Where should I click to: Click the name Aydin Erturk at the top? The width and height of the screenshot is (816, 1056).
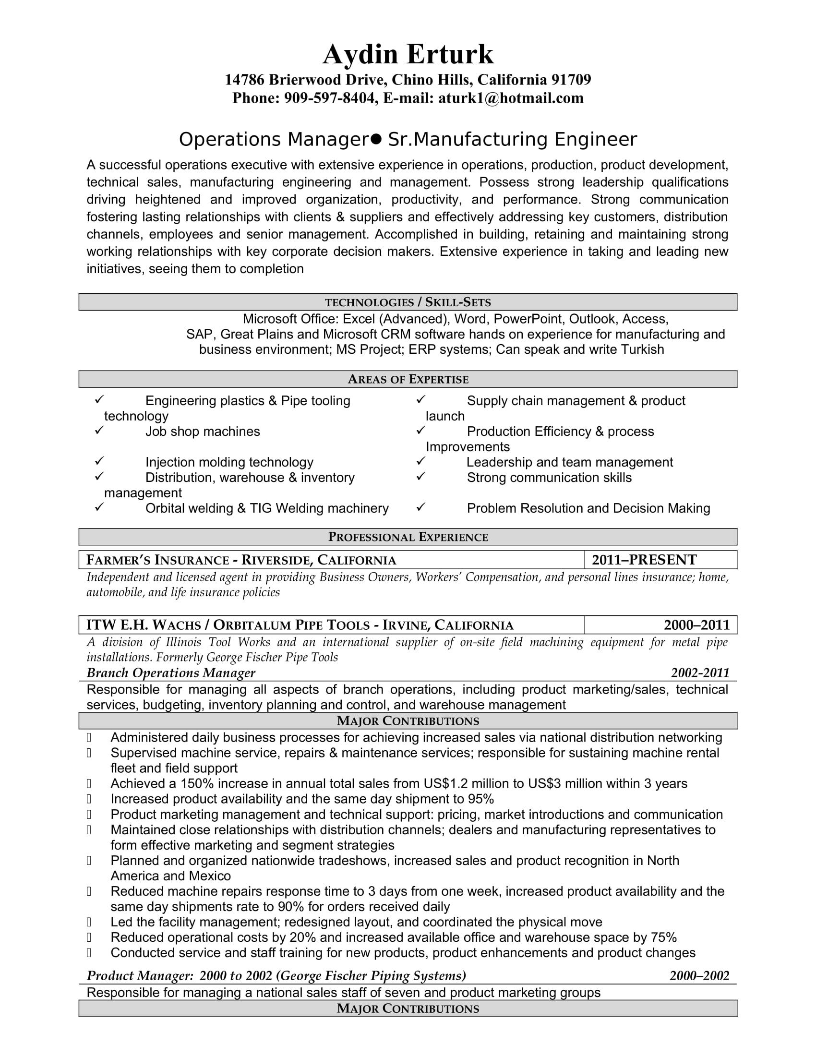[408, 54]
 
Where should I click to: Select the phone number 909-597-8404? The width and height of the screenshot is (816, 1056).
[329, 98]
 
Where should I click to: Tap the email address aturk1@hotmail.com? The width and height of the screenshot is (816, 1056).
[511, 98]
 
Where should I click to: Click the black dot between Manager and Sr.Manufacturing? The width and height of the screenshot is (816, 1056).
[377, 139]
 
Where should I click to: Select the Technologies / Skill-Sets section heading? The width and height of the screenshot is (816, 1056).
[408, 302]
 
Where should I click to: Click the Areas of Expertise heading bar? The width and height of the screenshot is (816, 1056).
[408, 379]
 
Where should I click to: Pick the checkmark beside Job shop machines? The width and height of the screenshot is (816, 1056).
[99, 430]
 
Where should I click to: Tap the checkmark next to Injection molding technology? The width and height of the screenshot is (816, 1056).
[99, 461]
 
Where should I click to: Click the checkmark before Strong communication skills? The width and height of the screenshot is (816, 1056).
[420, 476]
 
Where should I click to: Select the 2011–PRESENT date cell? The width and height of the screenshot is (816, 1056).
[644, 560]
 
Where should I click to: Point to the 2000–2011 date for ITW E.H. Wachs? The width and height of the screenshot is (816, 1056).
[696, 625]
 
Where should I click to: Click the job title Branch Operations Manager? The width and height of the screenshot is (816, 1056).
[171, 673]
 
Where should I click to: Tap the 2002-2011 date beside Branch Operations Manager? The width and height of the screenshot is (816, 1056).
[700, 673]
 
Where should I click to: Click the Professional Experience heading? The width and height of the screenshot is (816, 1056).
[408, 537]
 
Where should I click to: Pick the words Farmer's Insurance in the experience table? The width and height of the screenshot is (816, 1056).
[157, 560]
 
